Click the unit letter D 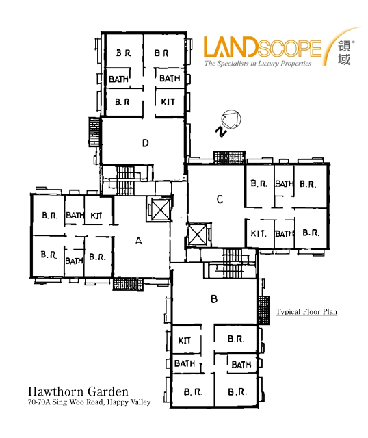[146, 143]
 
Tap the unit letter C [220, 199]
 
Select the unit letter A [138, 240]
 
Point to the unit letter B [214, 299]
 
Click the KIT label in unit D [168, 102]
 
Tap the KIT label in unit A [96, 216]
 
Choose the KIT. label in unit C [259, 233]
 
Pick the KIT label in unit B [185, 341]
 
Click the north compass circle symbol [231, 119]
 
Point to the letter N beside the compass [221, 131]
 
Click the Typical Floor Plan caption [306, 312]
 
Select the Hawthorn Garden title [78, 391]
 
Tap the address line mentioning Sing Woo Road [90, 402]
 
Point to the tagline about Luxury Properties [258, 64]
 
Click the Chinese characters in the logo [344, 53]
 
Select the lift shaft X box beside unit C [198, 235]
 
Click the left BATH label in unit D [118, 79]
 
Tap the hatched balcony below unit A [128, 284]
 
